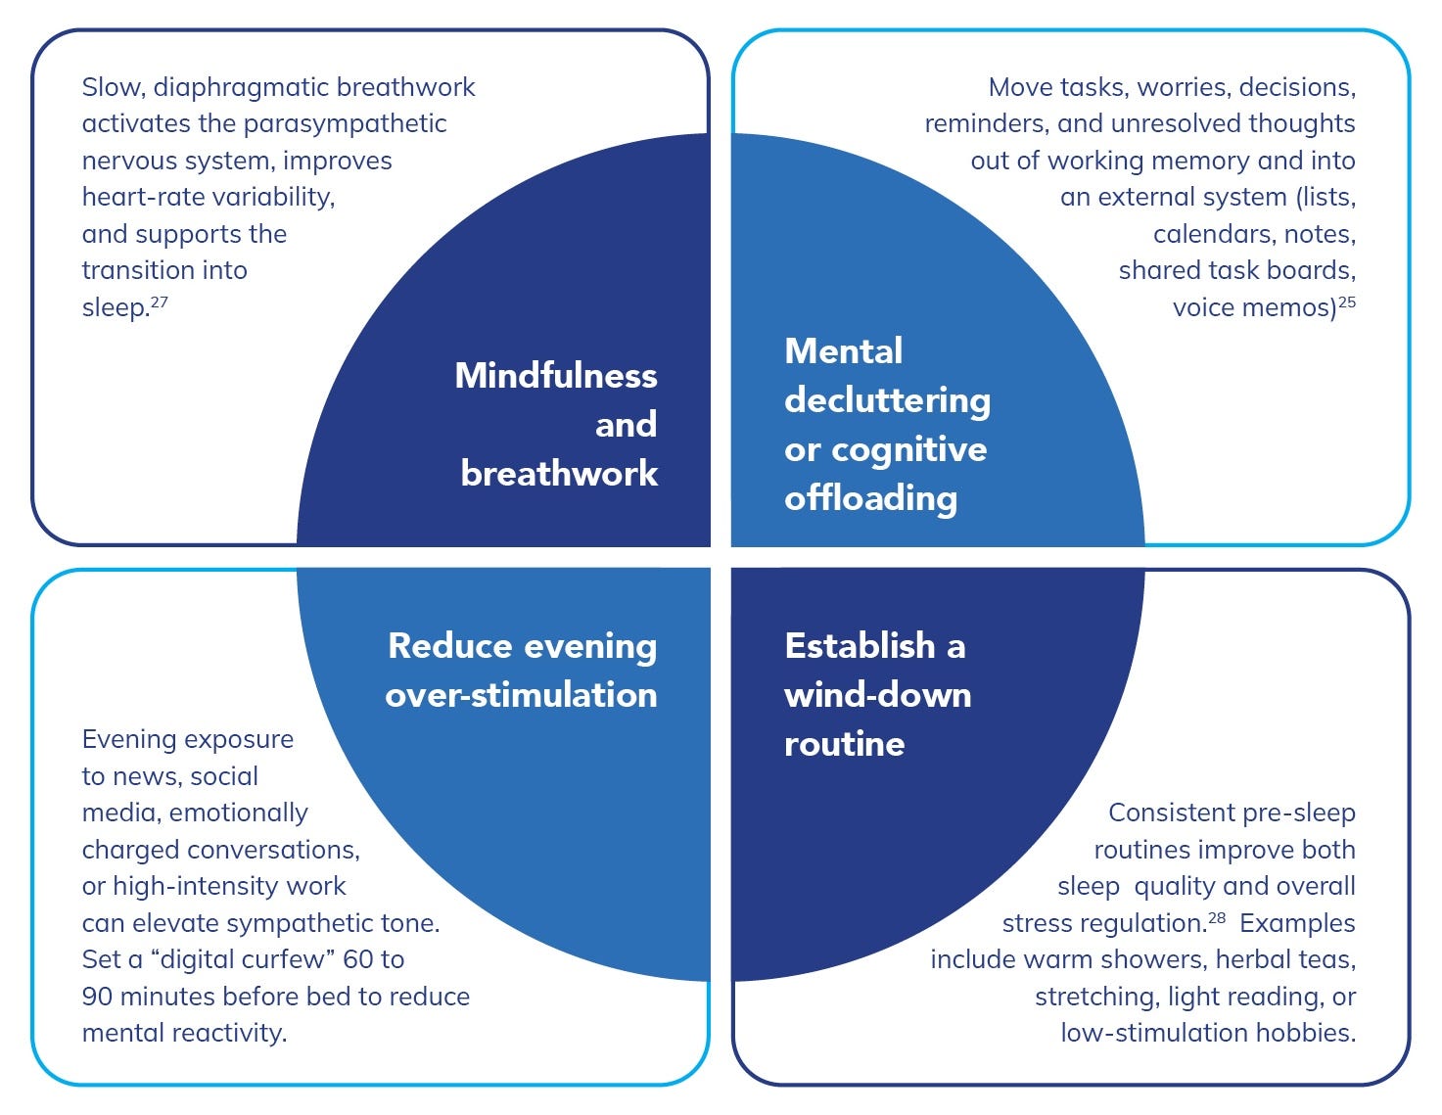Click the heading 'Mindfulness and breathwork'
557,424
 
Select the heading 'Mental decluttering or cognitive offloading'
887,424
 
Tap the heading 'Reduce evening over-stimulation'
522,670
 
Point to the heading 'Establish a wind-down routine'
877,694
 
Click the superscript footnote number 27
160,302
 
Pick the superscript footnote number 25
1347,302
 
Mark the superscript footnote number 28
1217,917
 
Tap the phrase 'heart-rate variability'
207,197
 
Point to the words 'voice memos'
1254,308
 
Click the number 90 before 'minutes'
98,997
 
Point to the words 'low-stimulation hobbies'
1207,1033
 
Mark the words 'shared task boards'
1236,270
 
